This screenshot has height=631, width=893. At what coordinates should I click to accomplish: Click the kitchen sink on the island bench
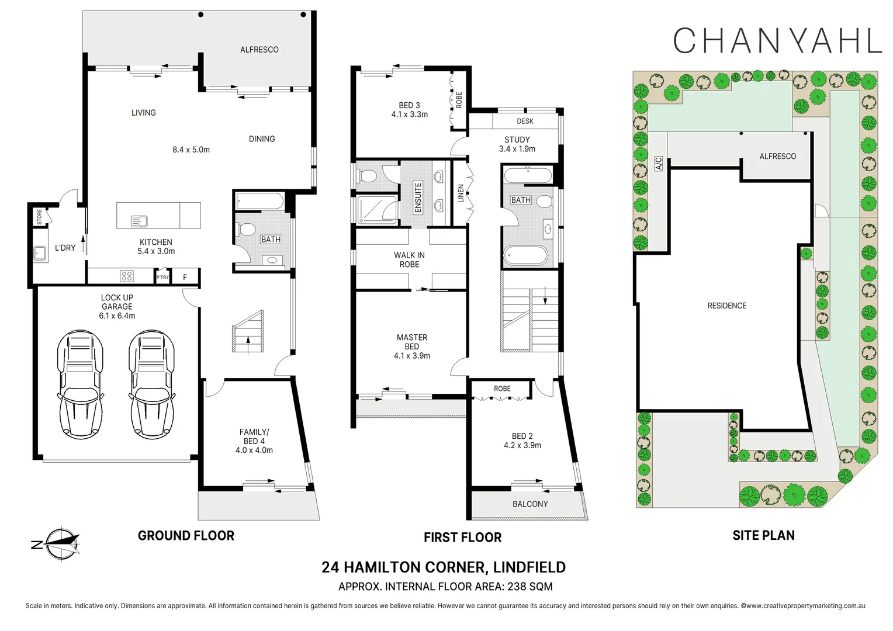pyautogui.click(x=139, y=221)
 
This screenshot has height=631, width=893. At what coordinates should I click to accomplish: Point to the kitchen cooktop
pyautogui.click(x=127, y=276)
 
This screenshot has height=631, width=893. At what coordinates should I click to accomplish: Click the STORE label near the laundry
pyautogui.click(x=40, y=217)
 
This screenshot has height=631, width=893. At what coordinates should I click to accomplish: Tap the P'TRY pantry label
pyautogui.click(x=162, y=278)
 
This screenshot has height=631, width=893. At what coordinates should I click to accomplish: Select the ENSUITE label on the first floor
pyautogui.click(x=418, y=197)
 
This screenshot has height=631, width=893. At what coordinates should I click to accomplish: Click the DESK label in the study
pyautogui.click(x=525, y=121)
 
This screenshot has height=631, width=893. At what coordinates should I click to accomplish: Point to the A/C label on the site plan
pyautogui.click(x=658, y=163)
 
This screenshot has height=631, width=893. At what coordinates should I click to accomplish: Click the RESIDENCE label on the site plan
pyautogui.click(x=726, y=306)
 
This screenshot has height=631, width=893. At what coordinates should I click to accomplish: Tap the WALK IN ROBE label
pyautogui.click(x=409, y=259)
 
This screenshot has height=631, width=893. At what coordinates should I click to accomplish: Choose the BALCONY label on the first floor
pyautogui.click(x=530, y=504)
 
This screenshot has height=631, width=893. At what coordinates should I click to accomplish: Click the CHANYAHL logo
pyautogui.click(x=777, y=40)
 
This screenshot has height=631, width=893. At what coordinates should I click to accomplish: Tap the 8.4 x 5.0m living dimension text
pyautogui.click(x=191, y=150)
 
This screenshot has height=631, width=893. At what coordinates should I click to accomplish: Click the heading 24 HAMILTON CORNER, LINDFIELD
pyautogui.click(x=443, y=567)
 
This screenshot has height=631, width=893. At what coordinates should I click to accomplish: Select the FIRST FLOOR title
pyautogui.click(x=462, y=537)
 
